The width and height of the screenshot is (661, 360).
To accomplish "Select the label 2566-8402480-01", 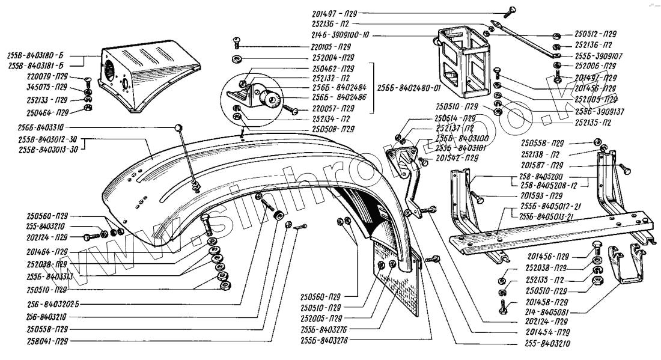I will click(406, 87).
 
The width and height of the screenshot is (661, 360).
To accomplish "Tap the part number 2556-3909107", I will click(599, 55).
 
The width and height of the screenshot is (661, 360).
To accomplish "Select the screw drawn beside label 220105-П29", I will click(236, 42).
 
